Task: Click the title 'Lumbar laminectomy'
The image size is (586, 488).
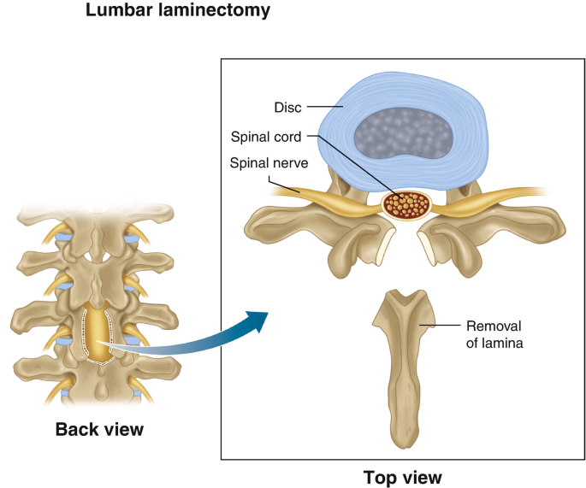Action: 177,11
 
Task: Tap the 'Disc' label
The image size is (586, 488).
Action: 287,107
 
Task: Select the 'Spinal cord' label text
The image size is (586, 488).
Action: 266,136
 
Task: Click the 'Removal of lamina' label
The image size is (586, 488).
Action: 494,335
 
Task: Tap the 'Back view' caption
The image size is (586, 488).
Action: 99,429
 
